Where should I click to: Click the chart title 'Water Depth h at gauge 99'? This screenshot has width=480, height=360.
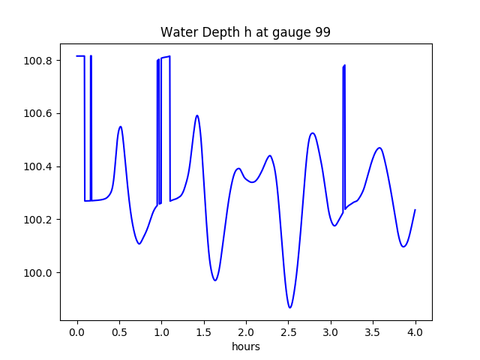pos(245,32)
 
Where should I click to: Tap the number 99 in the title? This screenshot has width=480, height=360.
pos(322,32)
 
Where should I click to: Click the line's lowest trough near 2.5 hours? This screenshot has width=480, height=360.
pos(289,307)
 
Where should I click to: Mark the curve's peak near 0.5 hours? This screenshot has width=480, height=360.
pos(120,127)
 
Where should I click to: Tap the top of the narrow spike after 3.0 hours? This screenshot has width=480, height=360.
pos(344,65)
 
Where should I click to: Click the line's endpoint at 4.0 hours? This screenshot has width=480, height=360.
pos(415,210)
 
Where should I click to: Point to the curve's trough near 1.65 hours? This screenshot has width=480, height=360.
pos(215,280)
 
